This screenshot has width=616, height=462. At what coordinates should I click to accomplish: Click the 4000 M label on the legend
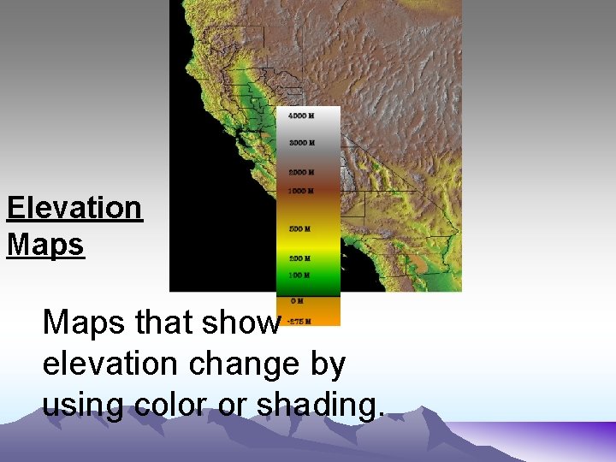[x=301, y=115]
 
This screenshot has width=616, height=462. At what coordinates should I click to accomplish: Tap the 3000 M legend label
[x=301, y=143]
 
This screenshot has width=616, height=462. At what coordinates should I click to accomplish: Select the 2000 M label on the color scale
[x=301, y=173]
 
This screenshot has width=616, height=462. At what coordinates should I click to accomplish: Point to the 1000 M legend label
[x=301, y=191]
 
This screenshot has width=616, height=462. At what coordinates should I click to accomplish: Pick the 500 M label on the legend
[x=299, y=229]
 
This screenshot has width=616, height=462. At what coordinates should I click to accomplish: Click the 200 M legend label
[x=299, y=258]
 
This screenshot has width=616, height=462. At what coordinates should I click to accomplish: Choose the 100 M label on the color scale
[x=299, y=275]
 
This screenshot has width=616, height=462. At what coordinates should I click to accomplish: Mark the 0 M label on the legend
[x=296, y=301]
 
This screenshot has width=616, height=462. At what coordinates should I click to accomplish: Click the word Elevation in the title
[x=74, y=208]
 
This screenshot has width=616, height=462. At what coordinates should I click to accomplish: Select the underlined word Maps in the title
[x=45, y=245]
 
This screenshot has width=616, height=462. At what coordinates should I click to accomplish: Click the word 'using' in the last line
[x=83, y=403]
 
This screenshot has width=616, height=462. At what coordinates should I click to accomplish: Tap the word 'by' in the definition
[x=329, y=364]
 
